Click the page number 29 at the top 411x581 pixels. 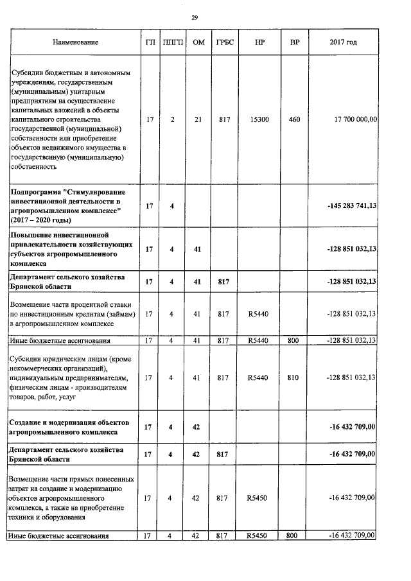click(x=194, y=17)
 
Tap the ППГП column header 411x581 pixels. click(x=171, y=42)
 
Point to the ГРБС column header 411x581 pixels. click(x=223, y=42)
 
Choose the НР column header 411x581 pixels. click(x=259, y=42)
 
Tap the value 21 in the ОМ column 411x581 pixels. click(x=197, y=119)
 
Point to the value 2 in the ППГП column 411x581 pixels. click(x=171, y=119)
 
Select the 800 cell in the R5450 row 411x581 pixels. click(x=292, y=535)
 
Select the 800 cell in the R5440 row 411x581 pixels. click(x=292, y=340)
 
